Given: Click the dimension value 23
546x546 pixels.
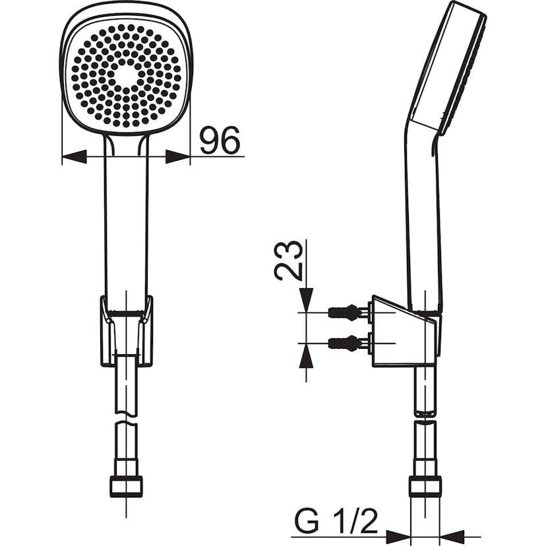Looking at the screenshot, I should (x=289, y=260).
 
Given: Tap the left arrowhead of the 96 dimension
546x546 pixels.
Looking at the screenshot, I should (x=75, y=156).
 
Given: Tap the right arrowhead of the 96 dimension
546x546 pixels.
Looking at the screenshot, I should (x=177, y=156).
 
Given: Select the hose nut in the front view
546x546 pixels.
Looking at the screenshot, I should (x=126, y=487).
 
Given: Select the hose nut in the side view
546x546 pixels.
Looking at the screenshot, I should (x=425, y=487).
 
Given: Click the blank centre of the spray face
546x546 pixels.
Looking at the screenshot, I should (x=126, y=75).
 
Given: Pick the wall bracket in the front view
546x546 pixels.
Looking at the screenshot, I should (x=126, y=330).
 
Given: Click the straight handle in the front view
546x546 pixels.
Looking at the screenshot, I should (x=126, y=218).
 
